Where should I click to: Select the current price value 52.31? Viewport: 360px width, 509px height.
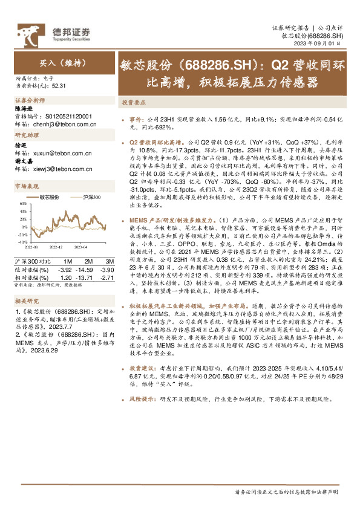point(59,86)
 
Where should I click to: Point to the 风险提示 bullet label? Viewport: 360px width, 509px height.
point(144,417)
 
